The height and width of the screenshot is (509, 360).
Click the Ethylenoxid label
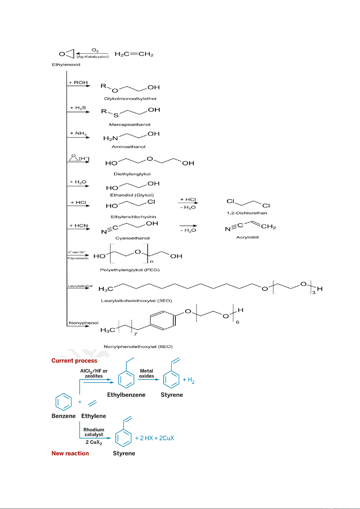(x=66, y=65)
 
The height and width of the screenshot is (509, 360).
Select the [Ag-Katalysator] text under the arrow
(x=92, y=56)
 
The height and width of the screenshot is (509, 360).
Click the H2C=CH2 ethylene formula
(x=134, y=54)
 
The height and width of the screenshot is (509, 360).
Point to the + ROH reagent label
(x=78, y=82)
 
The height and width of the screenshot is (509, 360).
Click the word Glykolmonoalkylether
(x=130, y=98)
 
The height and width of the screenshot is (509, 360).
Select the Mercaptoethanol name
(x=130, y=124)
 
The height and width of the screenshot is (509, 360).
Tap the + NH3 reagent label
(x=78, y=134)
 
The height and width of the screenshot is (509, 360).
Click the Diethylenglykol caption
(x=132, y=174)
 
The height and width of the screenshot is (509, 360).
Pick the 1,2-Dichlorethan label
(x=247, y=213)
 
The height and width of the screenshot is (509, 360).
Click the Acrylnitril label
(x=247, y=237)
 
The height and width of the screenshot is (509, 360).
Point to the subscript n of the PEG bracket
(x=152, y=262)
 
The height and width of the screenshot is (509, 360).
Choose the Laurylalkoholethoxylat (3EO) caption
(x=137, y=301)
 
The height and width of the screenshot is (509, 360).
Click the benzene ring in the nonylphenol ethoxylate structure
(x=162, y=320)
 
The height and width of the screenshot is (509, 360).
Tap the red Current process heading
(x=74, y=361)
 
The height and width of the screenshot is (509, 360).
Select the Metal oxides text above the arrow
(x=146, y=373)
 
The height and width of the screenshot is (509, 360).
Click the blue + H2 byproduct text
(x=188, y=380)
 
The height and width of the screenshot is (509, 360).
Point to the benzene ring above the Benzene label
(x=64, y=402)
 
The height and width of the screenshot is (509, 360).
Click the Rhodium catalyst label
(x=94, y=432)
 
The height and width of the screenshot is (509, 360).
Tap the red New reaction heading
(x=70, y=453)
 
